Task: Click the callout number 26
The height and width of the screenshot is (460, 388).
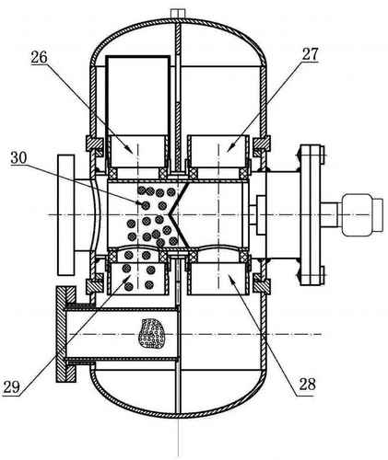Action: click(39, 57)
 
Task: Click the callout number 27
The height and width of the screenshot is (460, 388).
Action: click(310, 54)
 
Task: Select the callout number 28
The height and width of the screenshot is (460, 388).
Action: click(307, 384)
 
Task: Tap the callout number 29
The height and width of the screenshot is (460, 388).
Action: click(11, 387)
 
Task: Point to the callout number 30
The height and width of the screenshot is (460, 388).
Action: click(18, 158)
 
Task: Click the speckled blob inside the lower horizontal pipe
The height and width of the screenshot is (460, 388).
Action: click(151, 333)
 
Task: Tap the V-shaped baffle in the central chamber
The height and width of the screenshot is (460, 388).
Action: click(179, 213)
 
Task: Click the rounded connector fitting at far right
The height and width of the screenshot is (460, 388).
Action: click(362, 214)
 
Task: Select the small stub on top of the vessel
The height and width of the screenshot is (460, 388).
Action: click(178, 13)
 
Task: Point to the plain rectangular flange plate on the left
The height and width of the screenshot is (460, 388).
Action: click(65, 214)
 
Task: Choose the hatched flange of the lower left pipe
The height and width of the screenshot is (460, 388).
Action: click(65, 334)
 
